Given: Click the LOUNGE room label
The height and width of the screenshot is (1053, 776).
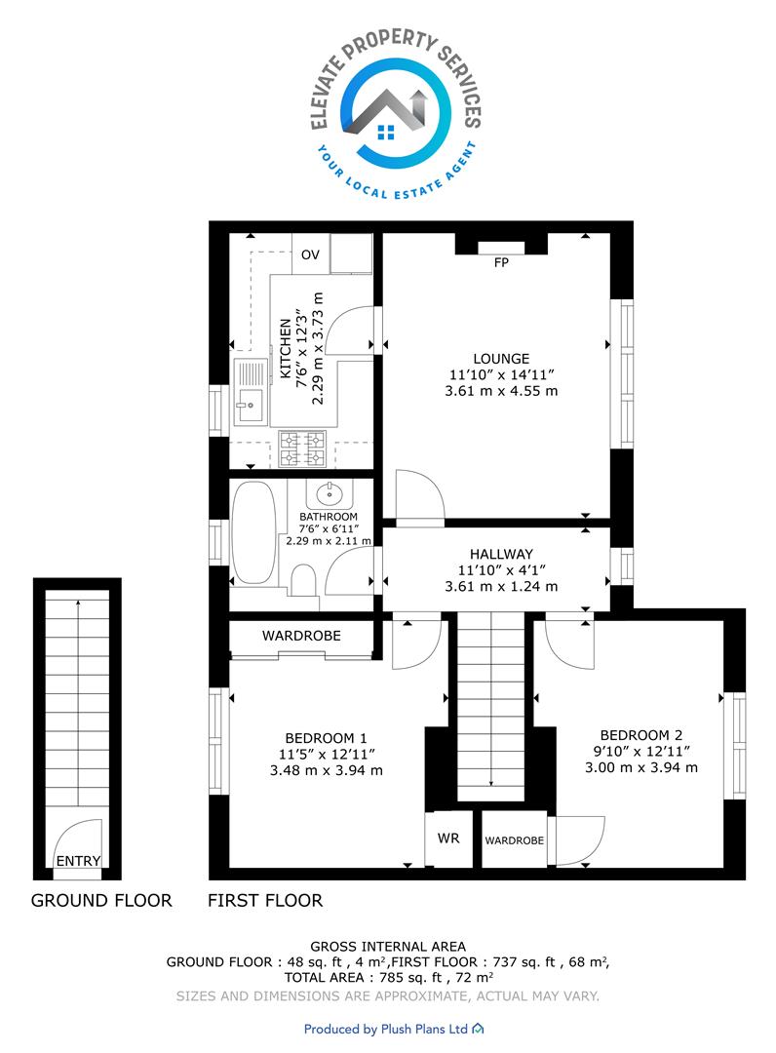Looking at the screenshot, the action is (501, 359).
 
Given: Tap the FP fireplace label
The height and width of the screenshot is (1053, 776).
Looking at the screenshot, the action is (501, 262).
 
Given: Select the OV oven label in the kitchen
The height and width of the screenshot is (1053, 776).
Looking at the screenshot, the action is (310, 254).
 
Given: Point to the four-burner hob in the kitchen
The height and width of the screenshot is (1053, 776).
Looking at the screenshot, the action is (302, 448).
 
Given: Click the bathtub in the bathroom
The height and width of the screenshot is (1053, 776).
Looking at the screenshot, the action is (253, 532).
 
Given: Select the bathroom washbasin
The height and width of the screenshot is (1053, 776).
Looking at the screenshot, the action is (329, 494).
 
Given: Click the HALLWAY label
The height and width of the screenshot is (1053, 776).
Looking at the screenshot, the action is (501, 554).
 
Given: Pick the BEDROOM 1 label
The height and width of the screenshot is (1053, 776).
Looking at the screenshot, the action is (327, 738).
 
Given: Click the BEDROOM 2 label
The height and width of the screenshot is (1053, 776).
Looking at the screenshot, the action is (641, 735).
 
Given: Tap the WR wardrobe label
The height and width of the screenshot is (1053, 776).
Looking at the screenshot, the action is (448, 838).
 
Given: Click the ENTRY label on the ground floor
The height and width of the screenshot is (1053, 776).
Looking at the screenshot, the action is (79, 861).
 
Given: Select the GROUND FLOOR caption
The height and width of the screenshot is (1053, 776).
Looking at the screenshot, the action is (101, 901).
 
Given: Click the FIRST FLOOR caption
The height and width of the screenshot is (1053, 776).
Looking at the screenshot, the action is (265, 901).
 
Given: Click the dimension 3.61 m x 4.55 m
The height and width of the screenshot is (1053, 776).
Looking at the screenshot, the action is (501, 391).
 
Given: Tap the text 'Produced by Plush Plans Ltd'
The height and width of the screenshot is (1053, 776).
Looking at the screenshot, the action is (386, 1029).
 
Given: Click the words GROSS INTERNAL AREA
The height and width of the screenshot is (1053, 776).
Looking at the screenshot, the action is (388, 946).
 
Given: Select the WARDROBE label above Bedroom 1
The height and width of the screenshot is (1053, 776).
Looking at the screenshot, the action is (301, 636).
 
